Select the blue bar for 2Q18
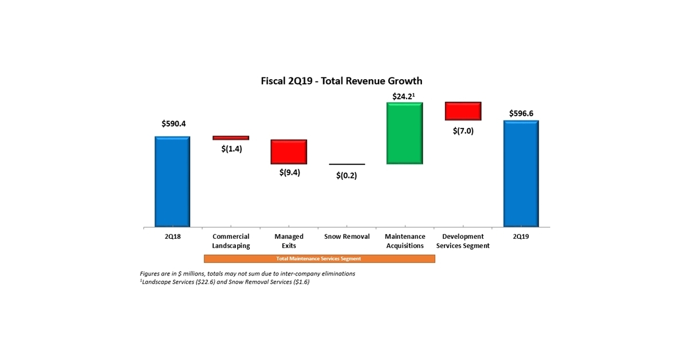(172, 182)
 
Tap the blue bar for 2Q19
(521, 174)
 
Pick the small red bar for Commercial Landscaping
(231, 138)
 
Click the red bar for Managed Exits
(289, 152)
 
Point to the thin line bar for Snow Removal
(347, 164)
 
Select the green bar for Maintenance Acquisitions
(405, 133)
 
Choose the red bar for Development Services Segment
(463, 111)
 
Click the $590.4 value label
(172, 123)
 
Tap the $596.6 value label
(521, 113)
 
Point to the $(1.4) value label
(231, 149)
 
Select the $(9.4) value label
(289, 172)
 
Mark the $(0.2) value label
(347, 175)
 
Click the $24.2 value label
(404, 96)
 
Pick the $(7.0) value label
(463, 130)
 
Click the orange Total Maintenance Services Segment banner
(319, 259)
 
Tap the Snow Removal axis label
(347, 237)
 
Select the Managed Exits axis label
(289, 241)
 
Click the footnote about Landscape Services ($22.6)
(225, 282)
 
